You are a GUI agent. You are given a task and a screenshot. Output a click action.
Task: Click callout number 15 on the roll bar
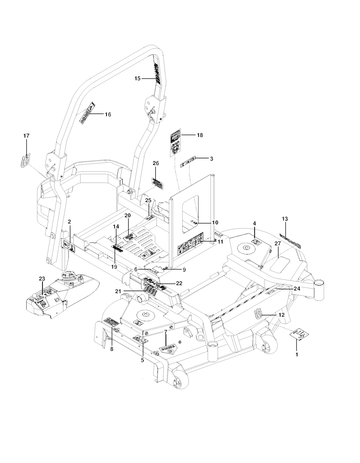click(x=137, y=78)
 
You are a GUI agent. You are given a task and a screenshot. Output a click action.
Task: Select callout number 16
click(x=108, y=114)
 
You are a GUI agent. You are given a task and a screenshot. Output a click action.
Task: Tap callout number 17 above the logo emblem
click(x=26, y=136)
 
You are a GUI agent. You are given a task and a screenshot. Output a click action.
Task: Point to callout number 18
click(x=200, y=135)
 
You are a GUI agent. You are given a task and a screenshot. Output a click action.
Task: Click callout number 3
click(x=211, y=159)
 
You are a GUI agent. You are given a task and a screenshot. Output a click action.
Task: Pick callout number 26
click(x=156, y=163)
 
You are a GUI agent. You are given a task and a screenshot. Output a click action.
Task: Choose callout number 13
click(x=285, y=219)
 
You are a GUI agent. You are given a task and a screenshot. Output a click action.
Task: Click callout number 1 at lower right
click(x=297, y=355)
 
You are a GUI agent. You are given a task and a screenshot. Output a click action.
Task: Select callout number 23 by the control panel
click(x=42, y=279)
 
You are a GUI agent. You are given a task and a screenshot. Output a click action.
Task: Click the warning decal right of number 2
click(x=69, y=246)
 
